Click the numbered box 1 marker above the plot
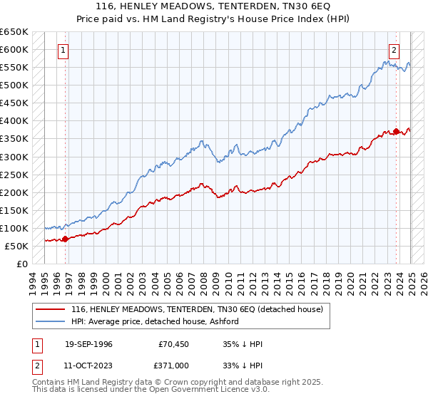(x=64, y=50)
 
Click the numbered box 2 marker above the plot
(x=394, y=50)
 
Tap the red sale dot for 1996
(x=65, y=239)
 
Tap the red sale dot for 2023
(x=397, y=131)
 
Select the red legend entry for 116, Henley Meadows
(x=197, y=309)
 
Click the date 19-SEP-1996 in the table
(x=88, y=344)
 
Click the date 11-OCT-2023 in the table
(x=88, y=364)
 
